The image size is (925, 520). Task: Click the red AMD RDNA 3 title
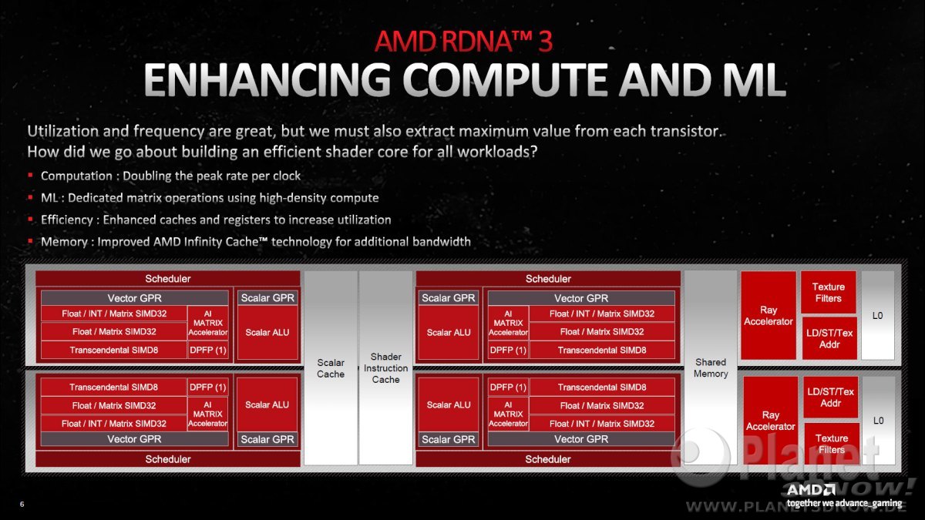pyautogui.click(x=463, y=42)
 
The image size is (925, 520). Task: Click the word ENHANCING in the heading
pyautogui.click(x=267, y=79)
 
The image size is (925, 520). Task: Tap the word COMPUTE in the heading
pyautogui.click(x=505, y=79)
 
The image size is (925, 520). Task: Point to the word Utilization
pyautogui.click(x=62, y=131)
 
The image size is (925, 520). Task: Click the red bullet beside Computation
pyautogui.click(x=30, y=176)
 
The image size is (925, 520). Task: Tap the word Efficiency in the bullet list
pyautogui.click(x=67, y=220)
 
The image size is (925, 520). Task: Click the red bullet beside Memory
pyautogui.click(x=30, y=241)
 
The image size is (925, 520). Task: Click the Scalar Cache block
pyautogui.click(x=331, y=367)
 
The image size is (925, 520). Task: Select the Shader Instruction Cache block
pyautogui.click(x=385, y=367)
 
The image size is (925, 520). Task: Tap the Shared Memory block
pyautogui.click(x=710, y=367)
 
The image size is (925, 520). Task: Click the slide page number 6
pyautogui.click(x=22, y=504)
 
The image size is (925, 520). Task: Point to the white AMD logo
pyautogui.click(x=811, y=490)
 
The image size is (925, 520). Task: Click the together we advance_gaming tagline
pyautogui.click(x=844, y=503)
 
